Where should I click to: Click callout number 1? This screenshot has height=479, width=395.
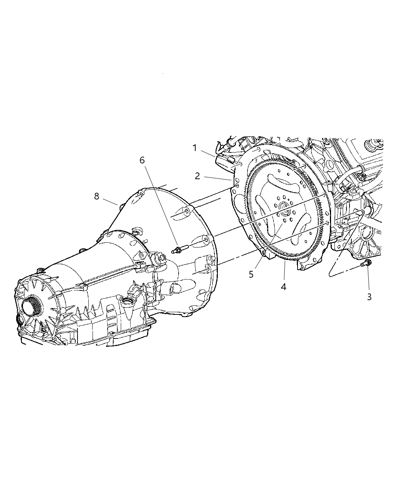pyautogui.click(x=194, y=148)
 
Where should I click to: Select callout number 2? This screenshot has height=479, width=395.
pyautogui.click(x=197, y=176)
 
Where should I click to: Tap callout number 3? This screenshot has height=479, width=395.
pyautogui.click(x=369, y=297)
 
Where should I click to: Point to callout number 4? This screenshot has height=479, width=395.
pyautogui.click(x=284, y=287)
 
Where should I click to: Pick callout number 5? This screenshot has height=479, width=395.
pyautogui.click(x=251, y=274)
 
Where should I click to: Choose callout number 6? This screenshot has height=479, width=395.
pyautogui.click(x=142, y=160)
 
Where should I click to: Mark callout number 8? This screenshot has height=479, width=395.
pyautogui.click(x=97, y=196)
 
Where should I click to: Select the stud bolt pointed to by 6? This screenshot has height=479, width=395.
pyautogui.click(x=180, y=249)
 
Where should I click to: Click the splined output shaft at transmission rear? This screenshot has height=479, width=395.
pyautogui.click(x=32, y=305)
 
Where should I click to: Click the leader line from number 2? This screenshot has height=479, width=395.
pyautogui.click(x=217, y=178)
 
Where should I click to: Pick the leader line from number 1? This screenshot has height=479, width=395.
pyautogui.click(x=208, y=154)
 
